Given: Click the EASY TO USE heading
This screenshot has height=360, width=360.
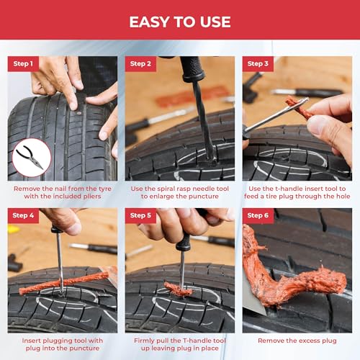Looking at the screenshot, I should [x=180, y=22].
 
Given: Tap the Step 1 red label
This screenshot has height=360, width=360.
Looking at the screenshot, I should [x=22, y=64].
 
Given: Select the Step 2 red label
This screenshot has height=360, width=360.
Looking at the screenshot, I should [x=140, y=64].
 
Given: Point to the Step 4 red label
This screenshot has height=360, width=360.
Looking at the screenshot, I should [x=23, y=215].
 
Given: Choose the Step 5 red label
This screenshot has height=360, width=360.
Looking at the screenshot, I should [x=140, y=215].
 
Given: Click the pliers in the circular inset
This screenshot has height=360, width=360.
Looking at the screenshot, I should [x=31, y=159].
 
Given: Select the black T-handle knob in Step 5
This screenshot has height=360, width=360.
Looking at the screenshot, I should [x=184, y=243].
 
